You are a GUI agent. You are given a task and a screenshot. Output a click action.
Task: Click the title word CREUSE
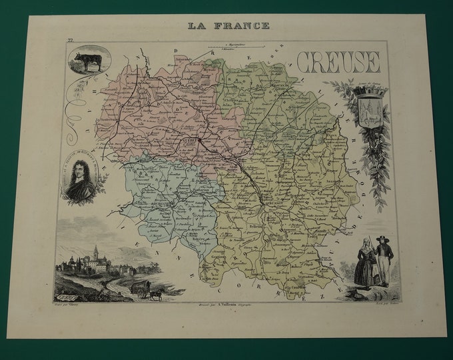click(x=338, y=62)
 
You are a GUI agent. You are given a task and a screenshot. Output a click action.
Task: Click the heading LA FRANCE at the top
click(x=228, y=25)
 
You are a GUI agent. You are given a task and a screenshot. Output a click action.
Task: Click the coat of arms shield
click(x=368, y=108)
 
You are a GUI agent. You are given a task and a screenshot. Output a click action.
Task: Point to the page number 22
click(x=69, y=41)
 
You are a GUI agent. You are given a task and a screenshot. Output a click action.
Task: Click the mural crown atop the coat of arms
click(x=368, y=93)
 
